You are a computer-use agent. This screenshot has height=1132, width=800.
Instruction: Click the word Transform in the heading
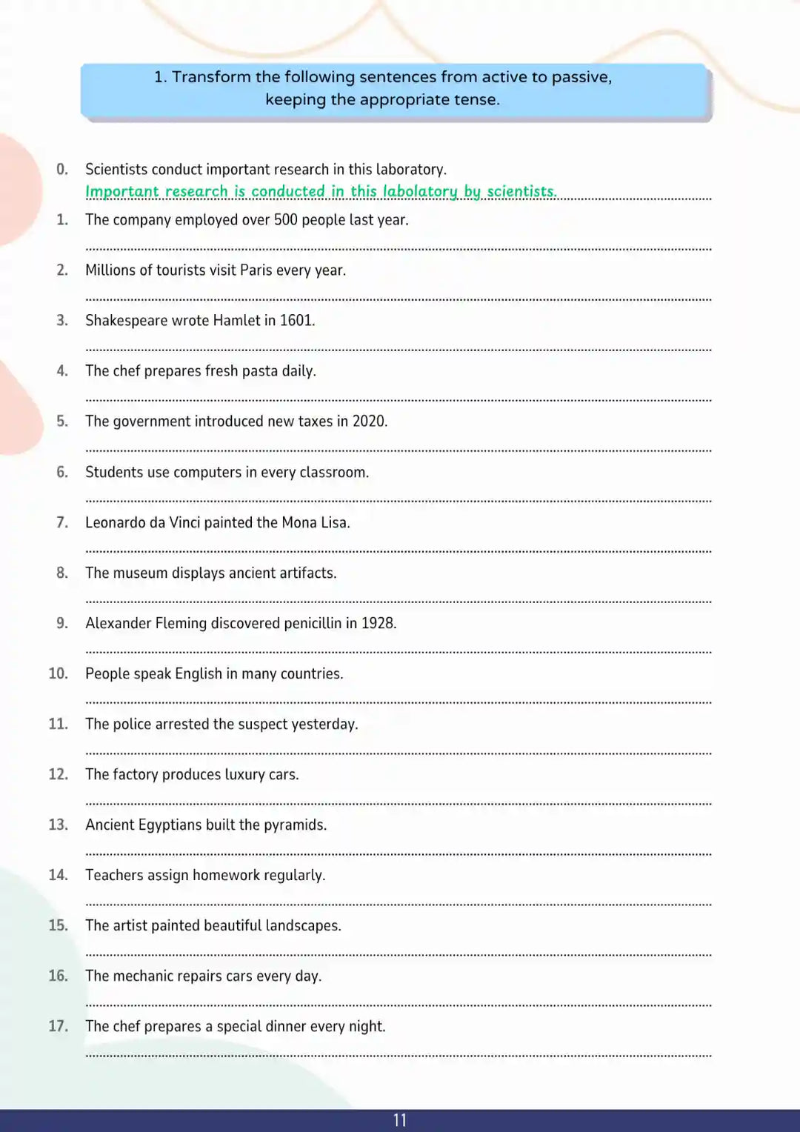pyautogui.click(x=211, y=77)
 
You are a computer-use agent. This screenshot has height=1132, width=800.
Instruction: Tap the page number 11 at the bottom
pyautogui.click(x=400, y=1120)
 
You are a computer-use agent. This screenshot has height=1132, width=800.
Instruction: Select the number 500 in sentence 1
pyautogui.click(x=286, y=220)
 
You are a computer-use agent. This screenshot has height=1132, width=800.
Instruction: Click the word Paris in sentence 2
pyautogui.click(x=256, y=270)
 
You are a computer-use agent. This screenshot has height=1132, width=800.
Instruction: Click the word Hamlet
pyautogui.click(x=236, y=321)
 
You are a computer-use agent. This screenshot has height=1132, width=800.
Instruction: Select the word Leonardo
pyautogui.click(x=116, y=523)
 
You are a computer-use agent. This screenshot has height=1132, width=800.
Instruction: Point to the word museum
pyautogui.click(x=140, y=573)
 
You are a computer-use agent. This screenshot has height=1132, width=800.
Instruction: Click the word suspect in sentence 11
pyautogui.click(x=262, y=725)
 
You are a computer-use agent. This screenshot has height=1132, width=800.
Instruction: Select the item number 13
pyautogui.click(x=58, y=825)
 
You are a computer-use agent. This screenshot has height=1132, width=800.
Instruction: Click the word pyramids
pyautogui.click(x=295, y=825)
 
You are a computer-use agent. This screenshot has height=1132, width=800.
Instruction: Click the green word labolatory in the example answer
pyautogui.click(x=420, y=192)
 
